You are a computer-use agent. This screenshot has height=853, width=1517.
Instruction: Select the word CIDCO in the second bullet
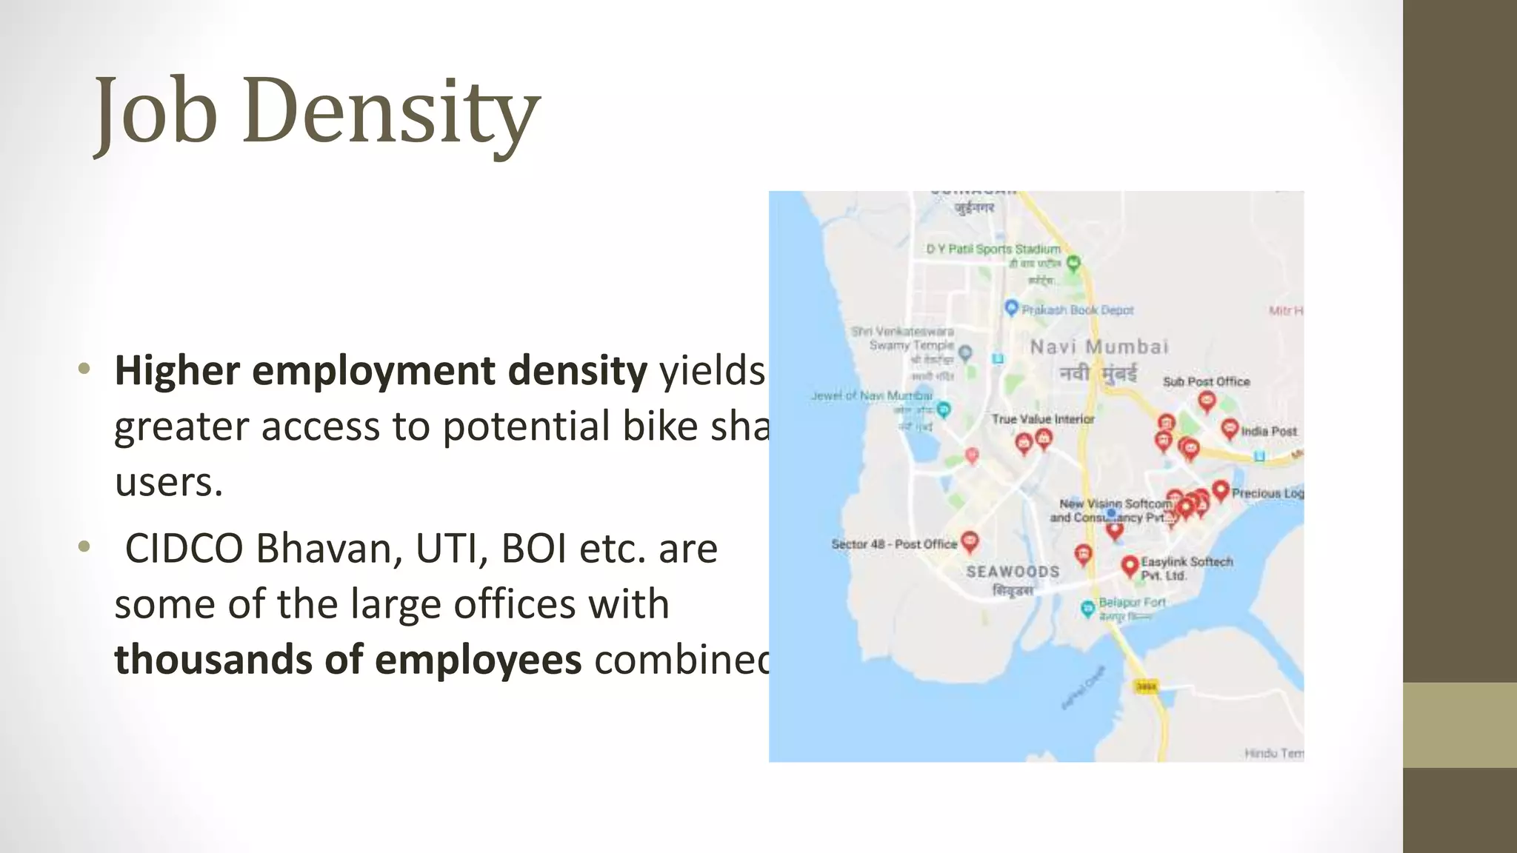tap(184, 549)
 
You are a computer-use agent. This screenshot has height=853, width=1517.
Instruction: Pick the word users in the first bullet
tap(169, 482)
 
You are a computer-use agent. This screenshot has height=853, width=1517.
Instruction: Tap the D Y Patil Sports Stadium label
tap(993, 250)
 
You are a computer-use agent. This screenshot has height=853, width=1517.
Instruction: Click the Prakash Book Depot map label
tap(1078, 310)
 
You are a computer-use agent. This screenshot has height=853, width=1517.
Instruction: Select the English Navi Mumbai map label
tap(1099, 347)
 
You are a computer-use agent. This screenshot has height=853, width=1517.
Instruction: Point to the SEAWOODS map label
tap(1013, 572)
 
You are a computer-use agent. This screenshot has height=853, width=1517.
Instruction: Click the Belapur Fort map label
tap(1132, 603)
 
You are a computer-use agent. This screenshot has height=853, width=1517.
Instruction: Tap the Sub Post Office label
tap(1206, 381)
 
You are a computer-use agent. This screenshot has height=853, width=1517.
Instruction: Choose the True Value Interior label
tap(1042, 419)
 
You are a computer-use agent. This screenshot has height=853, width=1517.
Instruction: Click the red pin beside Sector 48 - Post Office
tap(970, 541)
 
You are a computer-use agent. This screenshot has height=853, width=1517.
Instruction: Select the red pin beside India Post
tap(1230, 428)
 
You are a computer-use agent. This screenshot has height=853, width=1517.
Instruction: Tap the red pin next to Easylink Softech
tap(1129, 566)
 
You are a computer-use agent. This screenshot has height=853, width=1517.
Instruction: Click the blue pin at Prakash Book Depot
tap(1011, 307)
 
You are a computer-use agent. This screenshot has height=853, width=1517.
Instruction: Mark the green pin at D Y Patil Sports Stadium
tap(1073, 262)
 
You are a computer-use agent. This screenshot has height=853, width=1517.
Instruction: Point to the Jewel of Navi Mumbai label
tap(871, 396)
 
